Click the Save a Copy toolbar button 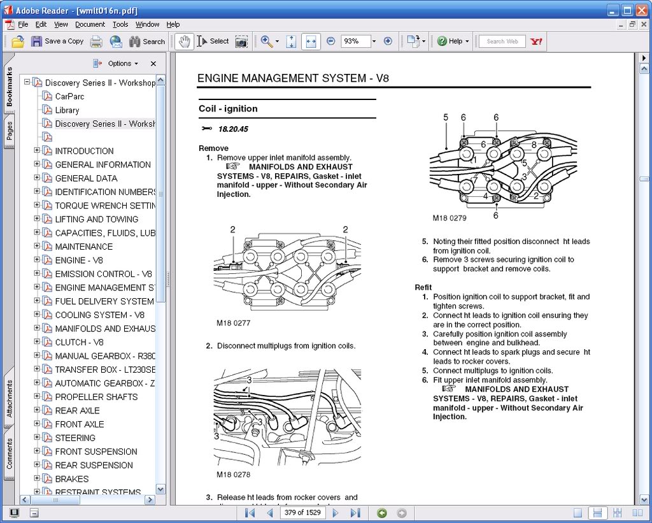57,41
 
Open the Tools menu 120,24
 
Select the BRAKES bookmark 71,479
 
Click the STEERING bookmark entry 75,438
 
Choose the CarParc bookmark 69,96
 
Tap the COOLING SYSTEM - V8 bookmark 99,315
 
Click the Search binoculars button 147,41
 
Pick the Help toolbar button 453,41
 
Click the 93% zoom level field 354,41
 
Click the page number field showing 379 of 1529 302,513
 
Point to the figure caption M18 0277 234,323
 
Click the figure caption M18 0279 450,218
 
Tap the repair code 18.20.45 233,129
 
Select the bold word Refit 423,287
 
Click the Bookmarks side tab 9,86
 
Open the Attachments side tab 9,399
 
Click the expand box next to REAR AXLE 37,410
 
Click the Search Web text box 502,41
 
